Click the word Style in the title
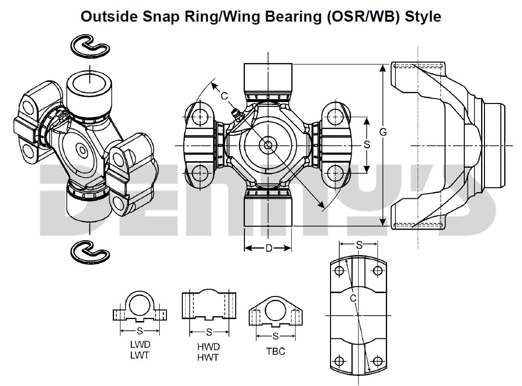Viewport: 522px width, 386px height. [423, 16]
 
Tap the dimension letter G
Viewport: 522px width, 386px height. [383, 132]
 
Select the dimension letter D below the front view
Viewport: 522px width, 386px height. [269, 248]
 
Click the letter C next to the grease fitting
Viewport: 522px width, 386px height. [224, 96]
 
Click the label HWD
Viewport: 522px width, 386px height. [208, 347]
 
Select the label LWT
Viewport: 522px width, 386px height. [140, 355]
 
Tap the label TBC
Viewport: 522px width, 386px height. [276, 351]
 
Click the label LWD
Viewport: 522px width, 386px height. [140, 345]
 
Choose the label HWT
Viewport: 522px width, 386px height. [208, 357]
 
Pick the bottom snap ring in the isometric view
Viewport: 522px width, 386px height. [89, 251]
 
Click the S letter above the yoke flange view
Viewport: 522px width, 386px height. [359, 245]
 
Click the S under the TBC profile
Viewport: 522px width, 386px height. [276, 336]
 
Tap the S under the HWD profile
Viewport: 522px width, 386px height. [209, 332]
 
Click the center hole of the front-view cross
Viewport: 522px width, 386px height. [267, 145]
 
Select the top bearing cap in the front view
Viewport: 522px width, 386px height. [268, 77]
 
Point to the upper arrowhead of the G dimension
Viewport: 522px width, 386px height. [383, 68]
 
